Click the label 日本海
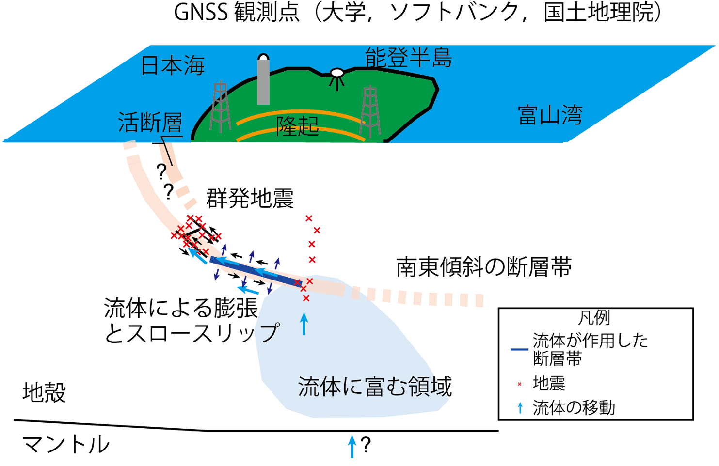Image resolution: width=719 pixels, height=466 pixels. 173,65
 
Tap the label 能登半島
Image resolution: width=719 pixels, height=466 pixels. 409,58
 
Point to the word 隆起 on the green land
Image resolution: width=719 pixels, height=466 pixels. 298,126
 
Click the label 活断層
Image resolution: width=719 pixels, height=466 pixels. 150,122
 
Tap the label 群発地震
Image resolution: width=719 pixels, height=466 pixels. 250,198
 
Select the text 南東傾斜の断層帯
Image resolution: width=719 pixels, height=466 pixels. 484,267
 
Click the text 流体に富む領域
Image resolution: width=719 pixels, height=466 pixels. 375,386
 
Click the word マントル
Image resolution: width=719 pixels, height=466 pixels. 66,444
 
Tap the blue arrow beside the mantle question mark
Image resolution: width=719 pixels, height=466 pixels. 352,446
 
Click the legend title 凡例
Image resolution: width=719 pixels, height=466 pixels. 594,317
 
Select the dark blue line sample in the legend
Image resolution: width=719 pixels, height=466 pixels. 519,349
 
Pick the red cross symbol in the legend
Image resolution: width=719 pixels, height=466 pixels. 520,384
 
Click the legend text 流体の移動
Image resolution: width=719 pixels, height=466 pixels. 574,408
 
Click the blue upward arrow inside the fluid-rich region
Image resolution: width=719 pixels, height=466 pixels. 304,323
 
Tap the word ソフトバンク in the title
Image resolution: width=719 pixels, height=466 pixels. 455,13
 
